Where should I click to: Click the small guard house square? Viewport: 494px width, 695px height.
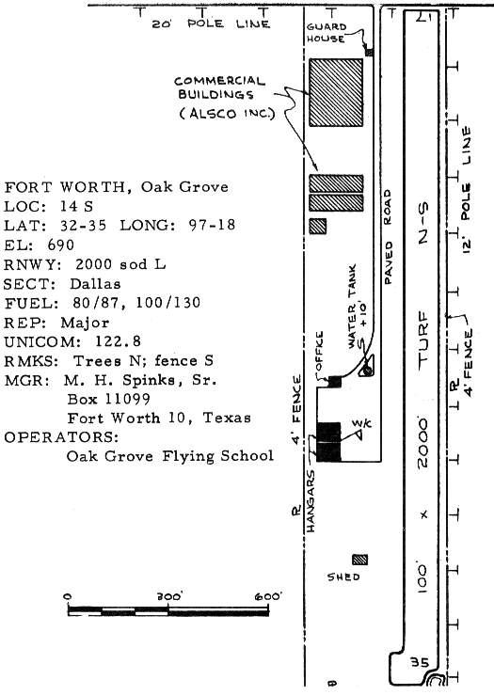(x=369, y=53)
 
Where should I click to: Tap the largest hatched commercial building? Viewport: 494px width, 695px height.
(x=336, y=92)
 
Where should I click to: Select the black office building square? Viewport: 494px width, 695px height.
(x=334, y=382)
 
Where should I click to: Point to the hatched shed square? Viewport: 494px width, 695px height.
(x=359, y=560)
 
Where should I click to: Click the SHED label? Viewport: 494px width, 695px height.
(x=343, y=577)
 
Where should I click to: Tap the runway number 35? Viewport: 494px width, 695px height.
(x=420, y=663)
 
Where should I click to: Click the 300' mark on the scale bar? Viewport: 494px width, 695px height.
(x=169, y=596)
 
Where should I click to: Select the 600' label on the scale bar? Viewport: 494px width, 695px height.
(x=268, y=596)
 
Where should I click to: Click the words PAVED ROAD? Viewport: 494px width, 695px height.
(x=388, y=237)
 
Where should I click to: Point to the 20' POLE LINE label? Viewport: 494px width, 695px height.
(x=211, y=24)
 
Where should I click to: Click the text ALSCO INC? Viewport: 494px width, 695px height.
(x=227, y=114)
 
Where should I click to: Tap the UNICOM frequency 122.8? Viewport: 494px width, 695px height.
(x=118, y=341)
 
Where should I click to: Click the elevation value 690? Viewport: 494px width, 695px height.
(x=61, y=245)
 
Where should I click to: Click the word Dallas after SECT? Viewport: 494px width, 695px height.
(x=95, y=284)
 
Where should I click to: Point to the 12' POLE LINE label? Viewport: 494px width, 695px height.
(x=466, y=190)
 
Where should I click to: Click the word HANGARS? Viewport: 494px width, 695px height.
(x=310, y=501)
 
